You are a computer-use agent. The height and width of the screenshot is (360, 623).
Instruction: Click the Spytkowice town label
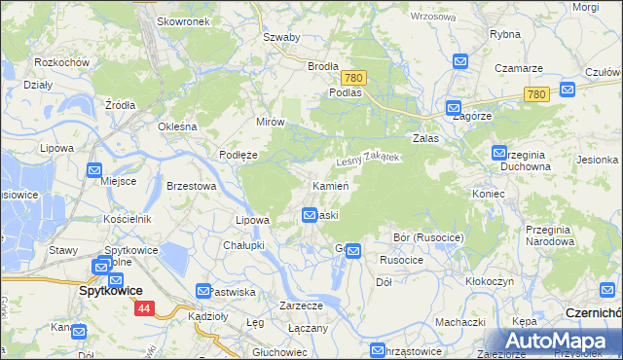tap(110, 290)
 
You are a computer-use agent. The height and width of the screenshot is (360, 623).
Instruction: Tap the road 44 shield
tap(144, 308)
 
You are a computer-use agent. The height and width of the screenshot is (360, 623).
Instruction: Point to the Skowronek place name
tap(183, 21)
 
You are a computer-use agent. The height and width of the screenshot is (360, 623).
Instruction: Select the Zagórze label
tap(470, 114)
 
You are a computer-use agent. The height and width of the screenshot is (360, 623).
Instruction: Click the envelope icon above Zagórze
tap(453, 108)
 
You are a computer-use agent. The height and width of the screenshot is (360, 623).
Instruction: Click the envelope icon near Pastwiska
tap(203, 291)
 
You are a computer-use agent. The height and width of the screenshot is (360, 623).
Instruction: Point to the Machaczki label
tap(460, 322)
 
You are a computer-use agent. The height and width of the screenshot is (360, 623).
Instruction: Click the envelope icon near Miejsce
tap(94, 170)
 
